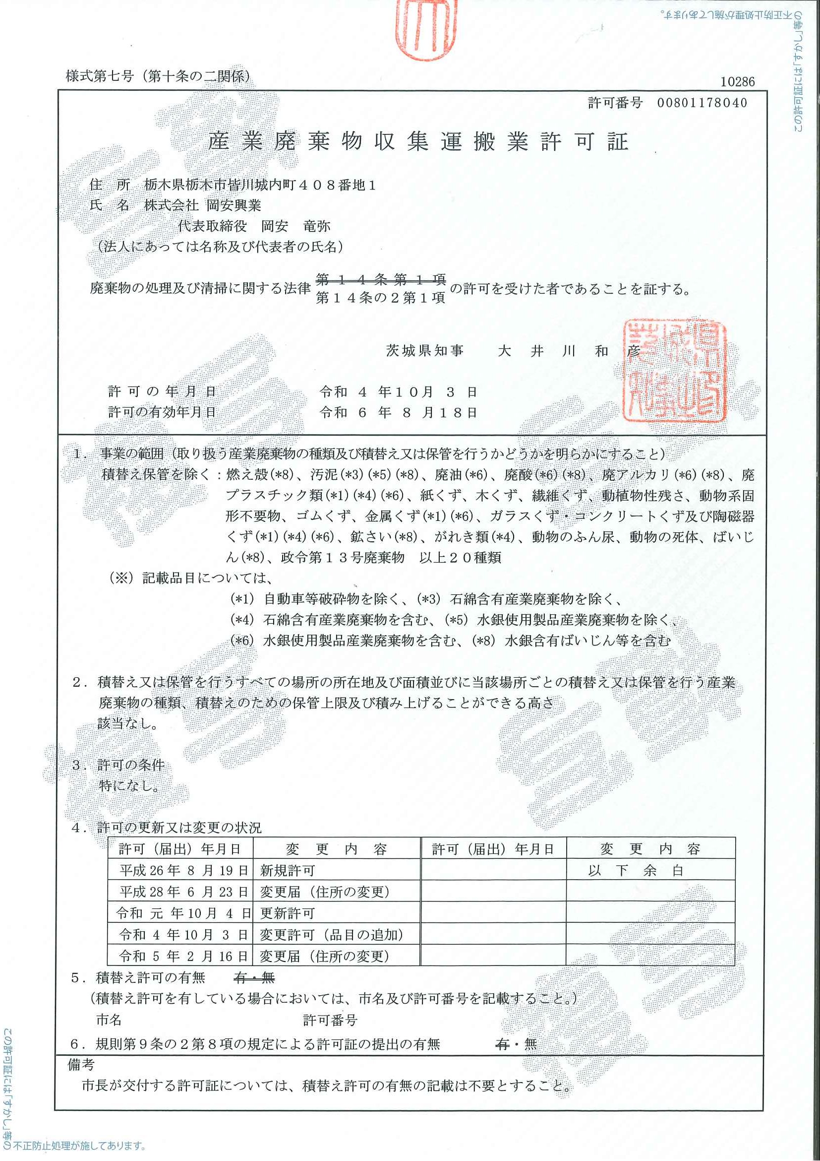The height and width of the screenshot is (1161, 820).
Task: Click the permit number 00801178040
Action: tap(702, 103)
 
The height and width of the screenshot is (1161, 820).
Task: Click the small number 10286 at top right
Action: tap(737, 82)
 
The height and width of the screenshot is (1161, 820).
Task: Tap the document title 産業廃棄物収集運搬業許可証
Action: tap(418, 142)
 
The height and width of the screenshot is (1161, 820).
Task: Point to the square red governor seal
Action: tap(674, 371)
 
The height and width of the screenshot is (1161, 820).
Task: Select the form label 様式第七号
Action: tap(100, 77)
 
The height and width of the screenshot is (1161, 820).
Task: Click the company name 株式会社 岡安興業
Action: tap(203, 205)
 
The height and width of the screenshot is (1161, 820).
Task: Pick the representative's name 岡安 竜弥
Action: tap(295, 226)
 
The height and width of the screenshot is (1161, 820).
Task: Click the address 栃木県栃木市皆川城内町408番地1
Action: tap(260, 185)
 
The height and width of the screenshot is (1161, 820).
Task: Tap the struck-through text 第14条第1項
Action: tap(380, 279)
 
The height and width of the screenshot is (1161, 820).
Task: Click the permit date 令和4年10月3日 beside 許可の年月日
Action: tap(398, 392)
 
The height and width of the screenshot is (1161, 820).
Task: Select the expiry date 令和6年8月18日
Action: tap(398, 413)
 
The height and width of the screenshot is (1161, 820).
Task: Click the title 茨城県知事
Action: tap(424, 351)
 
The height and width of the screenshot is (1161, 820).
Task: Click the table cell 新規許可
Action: tap(288, 871)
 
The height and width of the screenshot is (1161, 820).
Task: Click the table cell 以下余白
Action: tap(635, 871)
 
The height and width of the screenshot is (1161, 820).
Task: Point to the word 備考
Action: tap(81, 1065)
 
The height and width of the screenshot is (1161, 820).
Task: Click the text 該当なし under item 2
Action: tap(128, 723)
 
